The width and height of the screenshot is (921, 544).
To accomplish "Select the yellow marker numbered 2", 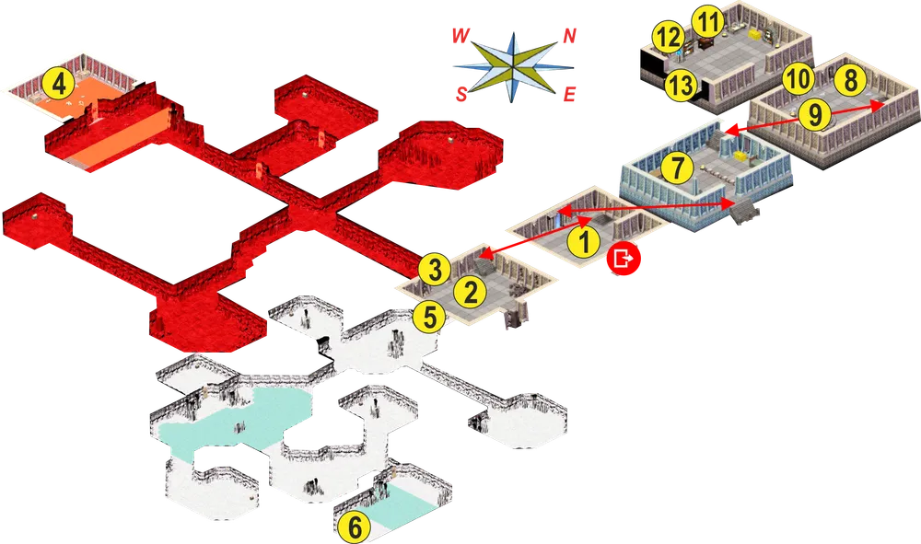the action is [471, 292].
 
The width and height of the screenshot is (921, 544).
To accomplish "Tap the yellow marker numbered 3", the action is [435, 271].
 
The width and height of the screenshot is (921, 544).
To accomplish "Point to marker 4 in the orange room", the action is [59, 85].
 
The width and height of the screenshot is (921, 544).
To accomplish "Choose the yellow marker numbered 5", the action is [429, 318].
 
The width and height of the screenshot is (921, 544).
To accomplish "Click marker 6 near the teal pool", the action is [355, 527].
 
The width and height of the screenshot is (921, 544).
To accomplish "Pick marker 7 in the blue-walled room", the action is [677, 168].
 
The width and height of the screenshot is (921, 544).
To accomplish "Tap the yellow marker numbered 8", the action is [850, 79].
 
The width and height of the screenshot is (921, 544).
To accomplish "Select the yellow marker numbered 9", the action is [815, 114].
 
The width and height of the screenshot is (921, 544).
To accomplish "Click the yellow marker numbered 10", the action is [798, 78].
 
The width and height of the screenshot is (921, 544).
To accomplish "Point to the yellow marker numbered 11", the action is [708, 22].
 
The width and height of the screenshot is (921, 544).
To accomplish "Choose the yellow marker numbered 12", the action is [668, 38].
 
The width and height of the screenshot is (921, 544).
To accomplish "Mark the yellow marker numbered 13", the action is [681, 86].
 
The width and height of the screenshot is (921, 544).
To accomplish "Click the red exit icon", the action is [624, 259].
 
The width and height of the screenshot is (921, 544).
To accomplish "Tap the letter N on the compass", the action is [569, 37].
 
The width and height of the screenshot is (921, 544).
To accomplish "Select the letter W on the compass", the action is [461, 37].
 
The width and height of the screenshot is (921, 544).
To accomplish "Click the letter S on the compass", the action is [461, 94].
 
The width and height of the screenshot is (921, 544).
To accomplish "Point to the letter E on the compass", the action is [569, 95].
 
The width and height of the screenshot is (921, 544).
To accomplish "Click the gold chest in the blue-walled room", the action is [740, 156].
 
